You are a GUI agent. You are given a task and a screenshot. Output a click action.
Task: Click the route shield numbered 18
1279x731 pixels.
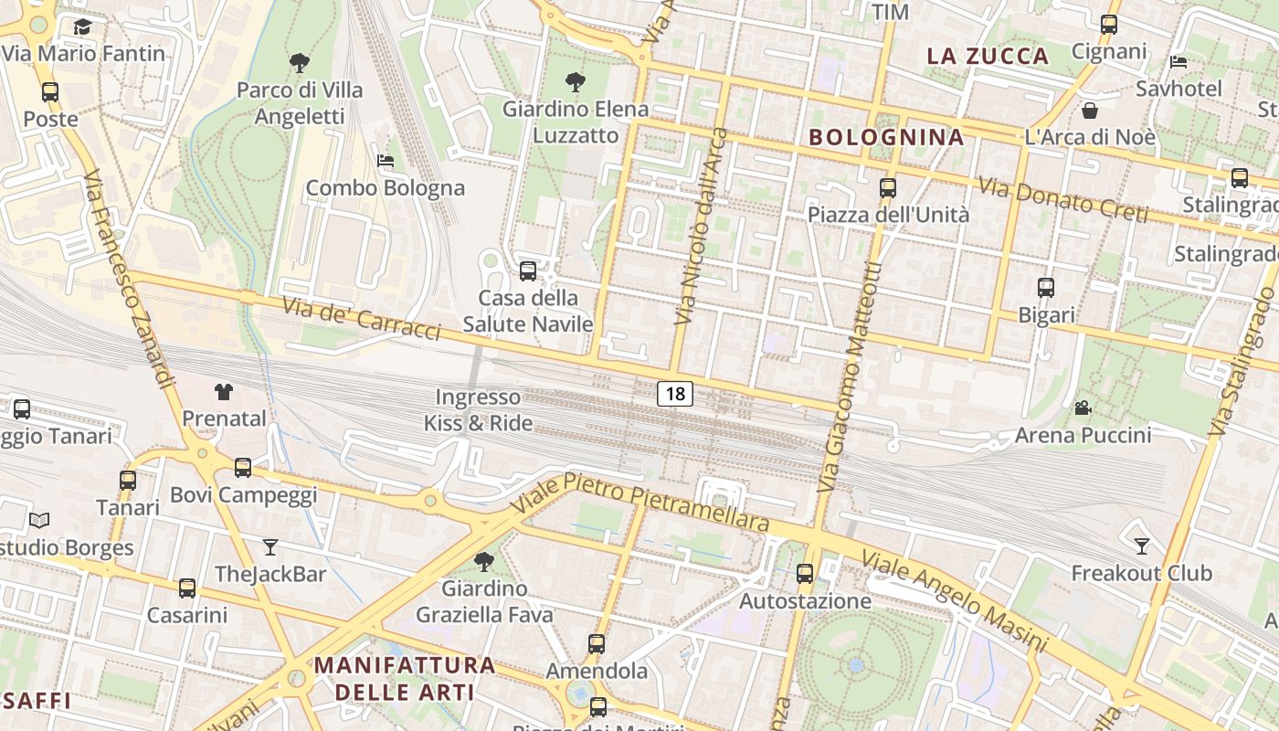(674, 394)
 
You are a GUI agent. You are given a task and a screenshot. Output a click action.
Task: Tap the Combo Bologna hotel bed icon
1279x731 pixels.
(386, 161)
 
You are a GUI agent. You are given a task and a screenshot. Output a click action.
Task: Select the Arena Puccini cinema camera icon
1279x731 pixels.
(1083, 408)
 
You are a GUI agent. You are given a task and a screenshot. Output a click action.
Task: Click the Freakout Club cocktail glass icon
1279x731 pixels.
(1141, 546)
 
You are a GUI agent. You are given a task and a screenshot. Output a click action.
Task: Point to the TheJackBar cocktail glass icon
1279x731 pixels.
(270, 547)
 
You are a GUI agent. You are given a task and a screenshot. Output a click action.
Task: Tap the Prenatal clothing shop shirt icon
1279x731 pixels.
(224, 392)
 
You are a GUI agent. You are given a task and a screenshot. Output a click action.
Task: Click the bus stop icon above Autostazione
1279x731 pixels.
(804, 574)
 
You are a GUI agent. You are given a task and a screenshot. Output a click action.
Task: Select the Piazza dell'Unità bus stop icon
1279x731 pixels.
(887, 188)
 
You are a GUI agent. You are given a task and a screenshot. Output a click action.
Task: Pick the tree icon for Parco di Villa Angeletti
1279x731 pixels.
(299, 63)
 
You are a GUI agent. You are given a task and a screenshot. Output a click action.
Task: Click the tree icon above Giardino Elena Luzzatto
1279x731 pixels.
(576, 82)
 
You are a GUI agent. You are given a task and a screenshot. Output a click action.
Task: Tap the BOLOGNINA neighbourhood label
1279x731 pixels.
(886, 138)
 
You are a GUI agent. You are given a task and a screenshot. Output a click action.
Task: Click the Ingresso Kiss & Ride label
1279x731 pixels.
(478, 410)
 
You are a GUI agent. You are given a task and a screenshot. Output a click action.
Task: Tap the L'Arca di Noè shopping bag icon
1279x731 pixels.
(1089, 111)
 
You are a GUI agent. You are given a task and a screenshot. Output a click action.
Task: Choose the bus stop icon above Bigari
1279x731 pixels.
(1046, 288)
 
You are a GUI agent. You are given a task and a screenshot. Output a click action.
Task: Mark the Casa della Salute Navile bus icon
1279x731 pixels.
(527, 271)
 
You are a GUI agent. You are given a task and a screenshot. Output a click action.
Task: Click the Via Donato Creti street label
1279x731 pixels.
(1062, 199)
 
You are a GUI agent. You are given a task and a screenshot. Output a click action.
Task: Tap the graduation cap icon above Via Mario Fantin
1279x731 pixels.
(82, 26)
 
